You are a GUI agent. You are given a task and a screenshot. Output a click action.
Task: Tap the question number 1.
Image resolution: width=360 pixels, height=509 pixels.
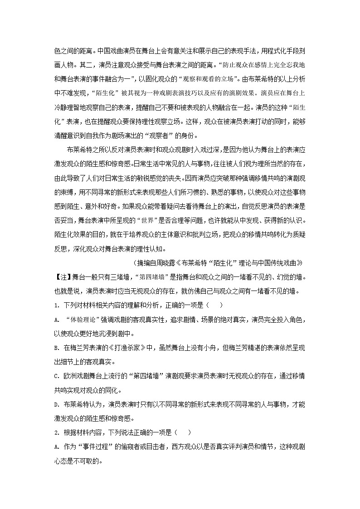tap(56, 306)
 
